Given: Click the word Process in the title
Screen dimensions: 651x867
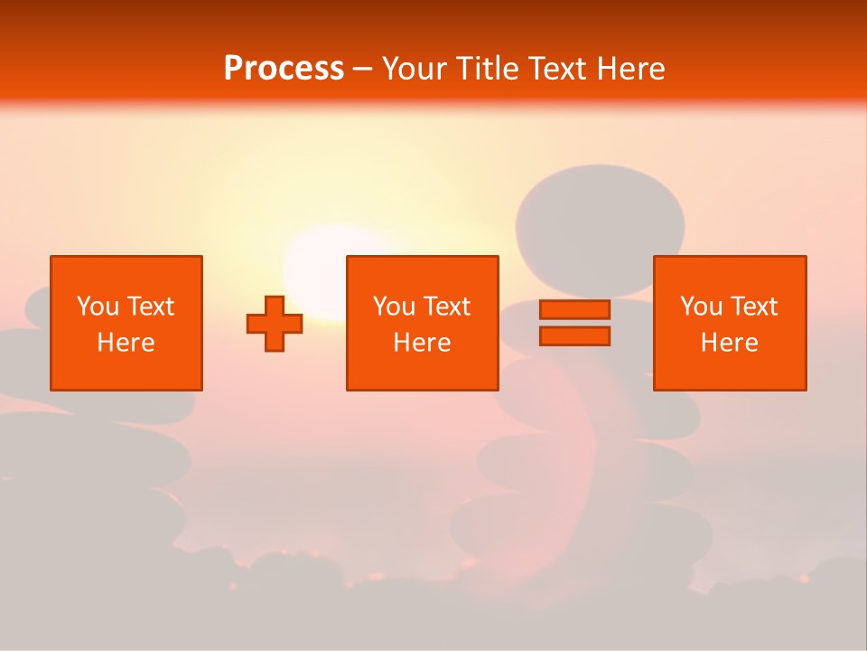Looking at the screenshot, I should click(284, 68).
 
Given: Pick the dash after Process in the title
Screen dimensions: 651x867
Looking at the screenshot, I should click(362, 70).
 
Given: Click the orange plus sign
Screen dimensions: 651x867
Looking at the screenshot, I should click(275, 324).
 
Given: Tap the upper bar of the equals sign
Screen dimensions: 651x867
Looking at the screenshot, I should click(574, 310).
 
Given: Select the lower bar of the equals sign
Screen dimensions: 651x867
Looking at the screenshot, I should click(574, 336).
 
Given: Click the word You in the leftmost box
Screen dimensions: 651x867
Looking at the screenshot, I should click(98, 307).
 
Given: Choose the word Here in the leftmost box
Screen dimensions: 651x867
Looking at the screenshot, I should click(126, 343).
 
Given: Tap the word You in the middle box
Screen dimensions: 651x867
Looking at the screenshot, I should click(394, 307).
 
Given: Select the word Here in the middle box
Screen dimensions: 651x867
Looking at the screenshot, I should click(422, 343).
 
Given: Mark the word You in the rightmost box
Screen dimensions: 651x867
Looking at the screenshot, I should click(701, 307).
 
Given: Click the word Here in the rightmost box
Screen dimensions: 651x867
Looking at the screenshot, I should click(729, 343).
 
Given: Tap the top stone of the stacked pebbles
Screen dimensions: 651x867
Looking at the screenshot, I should click(600, 217).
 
